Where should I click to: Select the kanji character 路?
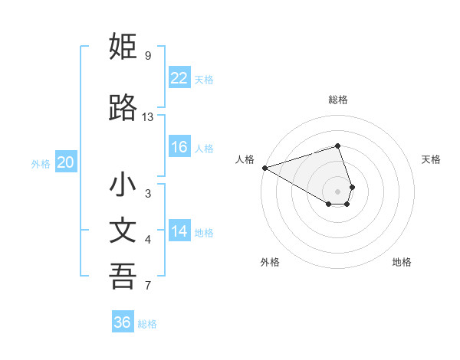[x=123, y=109]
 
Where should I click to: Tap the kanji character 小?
[x=123, y=185]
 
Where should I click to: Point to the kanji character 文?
[x=123, y=231]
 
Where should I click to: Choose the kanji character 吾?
[x=123, y=277]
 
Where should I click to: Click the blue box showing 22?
[x=179, y=78]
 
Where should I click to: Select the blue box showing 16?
[x=179, y=147]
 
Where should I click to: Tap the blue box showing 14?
[x=179, y=231]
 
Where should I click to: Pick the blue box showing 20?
[x=66, y=162]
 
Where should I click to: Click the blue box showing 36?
[x=123, y=322]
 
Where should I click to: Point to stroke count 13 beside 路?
[x=148, y=117]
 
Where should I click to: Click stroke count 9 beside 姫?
[x=147, y=55]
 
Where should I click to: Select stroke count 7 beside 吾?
[x=147, y=286]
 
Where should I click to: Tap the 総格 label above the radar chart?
[x=338, y=100]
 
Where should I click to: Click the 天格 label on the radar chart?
[x=431, y=159]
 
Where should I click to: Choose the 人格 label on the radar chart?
[x=245, y=159]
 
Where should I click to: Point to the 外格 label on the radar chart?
[x=270, y=263]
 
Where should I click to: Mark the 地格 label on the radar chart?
[x=402, y=263]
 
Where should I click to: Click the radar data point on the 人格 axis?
[x=264, y=168]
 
